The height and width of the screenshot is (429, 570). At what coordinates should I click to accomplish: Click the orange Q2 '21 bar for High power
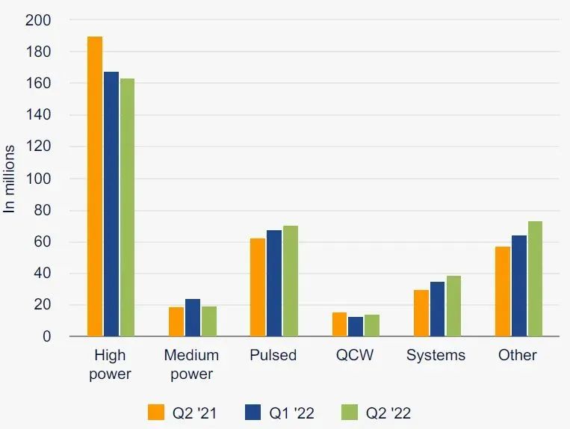95,187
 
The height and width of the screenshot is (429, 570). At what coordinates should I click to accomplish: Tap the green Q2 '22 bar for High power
127,207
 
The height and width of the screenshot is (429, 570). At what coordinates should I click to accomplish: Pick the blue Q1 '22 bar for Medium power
193,318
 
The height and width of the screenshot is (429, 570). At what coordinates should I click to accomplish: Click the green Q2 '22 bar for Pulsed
290,281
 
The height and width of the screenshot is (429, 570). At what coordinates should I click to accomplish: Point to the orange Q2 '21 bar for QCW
339,324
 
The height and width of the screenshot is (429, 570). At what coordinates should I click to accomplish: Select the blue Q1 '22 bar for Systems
437,309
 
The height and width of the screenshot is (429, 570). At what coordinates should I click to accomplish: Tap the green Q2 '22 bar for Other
535,279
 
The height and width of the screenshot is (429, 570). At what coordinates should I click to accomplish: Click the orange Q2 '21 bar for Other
502,291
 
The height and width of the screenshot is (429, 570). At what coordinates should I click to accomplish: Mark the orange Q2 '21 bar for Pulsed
258,287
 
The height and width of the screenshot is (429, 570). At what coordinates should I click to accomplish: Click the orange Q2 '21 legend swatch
156,413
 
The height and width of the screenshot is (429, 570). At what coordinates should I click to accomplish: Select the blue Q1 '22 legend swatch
253,413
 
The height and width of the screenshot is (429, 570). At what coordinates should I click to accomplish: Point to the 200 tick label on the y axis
38,20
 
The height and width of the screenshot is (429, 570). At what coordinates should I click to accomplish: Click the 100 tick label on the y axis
38,179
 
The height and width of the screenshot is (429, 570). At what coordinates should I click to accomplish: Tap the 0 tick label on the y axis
46,336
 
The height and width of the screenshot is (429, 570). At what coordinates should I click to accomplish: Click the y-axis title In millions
10,179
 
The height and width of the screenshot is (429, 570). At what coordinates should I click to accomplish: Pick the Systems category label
436,355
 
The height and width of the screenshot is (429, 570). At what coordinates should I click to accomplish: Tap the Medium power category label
191,364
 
